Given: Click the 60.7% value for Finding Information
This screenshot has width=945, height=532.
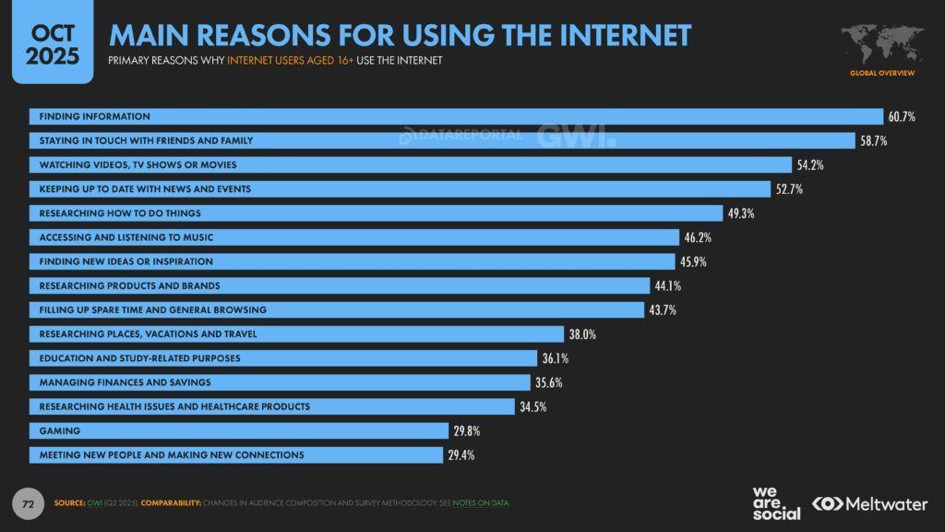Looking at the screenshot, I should click(x=902, y=116).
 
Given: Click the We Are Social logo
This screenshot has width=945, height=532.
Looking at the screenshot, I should click(x=776, y=502).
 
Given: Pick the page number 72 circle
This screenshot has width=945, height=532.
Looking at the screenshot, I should click(x=28, y=503).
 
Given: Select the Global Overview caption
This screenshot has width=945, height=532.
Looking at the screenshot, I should click(x=882, y=72).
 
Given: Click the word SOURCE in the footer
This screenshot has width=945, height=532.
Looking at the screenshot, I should click(x=71, y=503).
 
